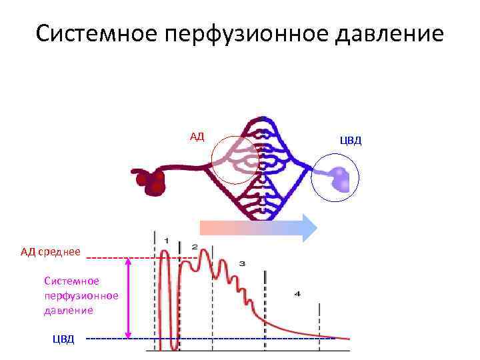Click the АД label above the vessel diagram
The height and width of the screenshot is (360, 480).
point(197,137)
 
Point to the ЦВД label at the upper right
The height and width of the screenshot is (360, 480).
point(351,141)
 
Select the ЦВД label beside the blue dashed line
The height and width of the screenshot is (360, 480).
point(64,339)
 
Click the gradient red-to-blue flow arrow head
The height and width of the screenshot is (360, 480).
point(307,227)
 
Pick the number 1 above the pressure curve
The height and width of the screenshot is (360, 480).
point(166,241)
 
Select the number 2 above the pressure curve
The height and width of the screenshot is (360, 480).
point(195,246)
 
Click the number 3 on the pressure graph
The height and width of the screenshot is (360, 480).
point(242,264)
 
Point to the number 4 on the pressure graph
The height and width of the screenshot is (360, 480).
point(297,293)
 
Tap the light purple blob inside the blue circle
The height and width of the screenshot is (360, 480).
point(340,179)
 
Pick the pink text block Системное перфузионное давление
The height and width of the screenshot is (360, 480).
point(81,295)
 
